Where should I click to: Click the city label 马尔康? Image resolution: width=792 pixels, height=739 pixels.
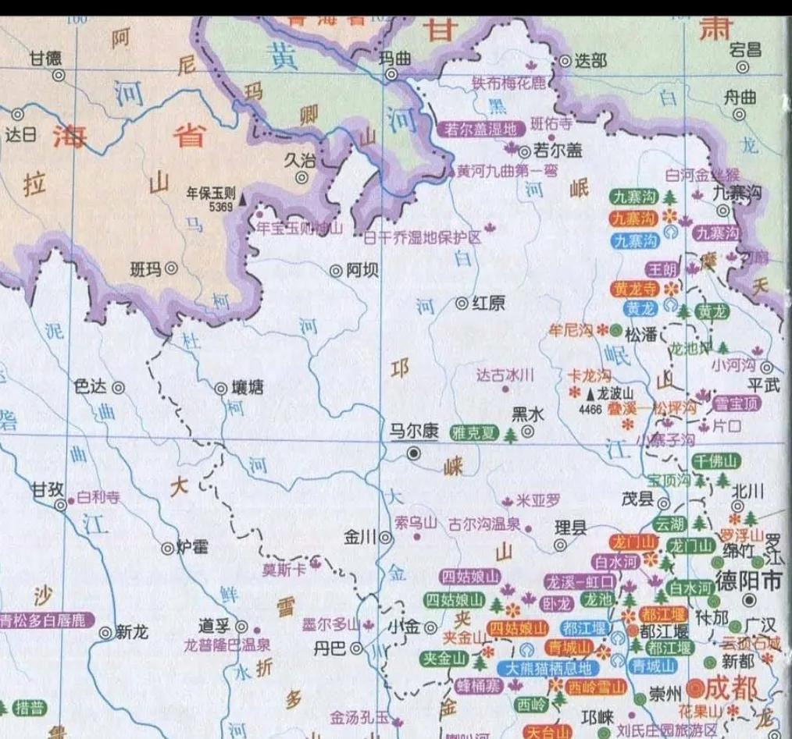point(414,431)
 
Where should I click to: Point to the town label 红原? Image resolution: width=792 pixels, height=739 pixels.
point(490,303)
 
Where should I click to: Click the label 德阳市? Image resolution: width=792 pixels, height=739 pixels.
point(748,581)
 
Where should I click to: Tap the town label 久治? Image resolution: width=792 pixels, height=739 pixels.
point(300,160)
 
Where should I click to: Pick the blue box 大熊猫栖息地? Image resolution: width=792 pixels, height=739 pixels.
point(550,668)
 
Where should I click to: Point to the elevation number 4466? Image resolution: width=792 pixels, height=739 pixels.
point(590,407)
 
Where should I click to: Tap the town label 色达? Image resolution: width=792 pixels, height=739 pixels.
point(88,386)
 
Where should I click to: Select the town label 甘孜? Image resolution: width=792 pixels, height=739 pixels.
point(46,489)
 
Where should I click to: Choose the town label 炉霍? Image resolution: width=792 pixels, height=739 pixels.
point(192,547)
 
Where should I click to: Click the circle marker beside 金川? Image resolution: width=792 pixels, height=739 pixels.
point(385,537)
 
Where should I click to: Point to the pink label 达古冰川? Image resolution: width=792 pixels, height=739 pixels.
point(505,375)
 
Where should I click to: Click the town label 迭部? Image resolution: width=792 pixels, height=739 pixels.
point(590,60)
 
